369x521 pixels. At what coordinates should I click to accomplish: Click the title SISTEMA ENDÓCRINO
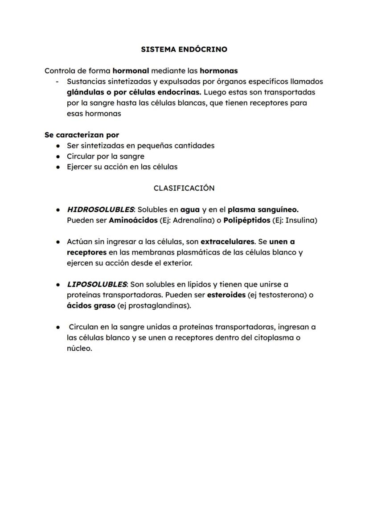point(184,49)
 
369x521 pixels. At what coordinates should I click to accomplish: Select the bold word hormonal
point(131,71)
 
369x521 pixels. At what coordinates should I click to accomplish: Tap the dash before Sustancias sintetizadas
point(57,82)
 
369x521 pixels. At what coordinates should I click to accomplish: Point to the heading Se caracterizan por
point(82,135)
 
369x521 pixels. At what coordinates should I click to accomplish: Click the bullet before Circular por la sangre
point(58,156)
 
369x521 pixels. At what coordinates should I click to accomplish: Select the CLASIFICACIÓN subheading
point(184,188)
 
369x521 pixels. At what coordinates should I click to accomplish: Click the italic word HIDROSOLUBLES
point(100,209)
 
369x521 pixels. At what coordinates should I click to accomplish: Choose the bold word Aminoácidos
point(133,220)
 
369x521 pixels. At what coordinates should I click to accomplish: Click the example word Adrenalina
point(186,220)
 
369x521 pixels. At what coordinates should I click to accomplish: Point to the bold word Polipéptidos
point(247,220)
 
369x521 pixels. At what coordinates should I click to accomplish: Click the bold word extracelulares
point(227,242)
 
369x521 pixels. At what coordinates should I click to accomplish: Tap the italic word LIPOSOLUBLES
point(97,284)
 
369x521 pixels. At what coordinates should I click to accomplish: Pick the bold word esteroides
point(226,295)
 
